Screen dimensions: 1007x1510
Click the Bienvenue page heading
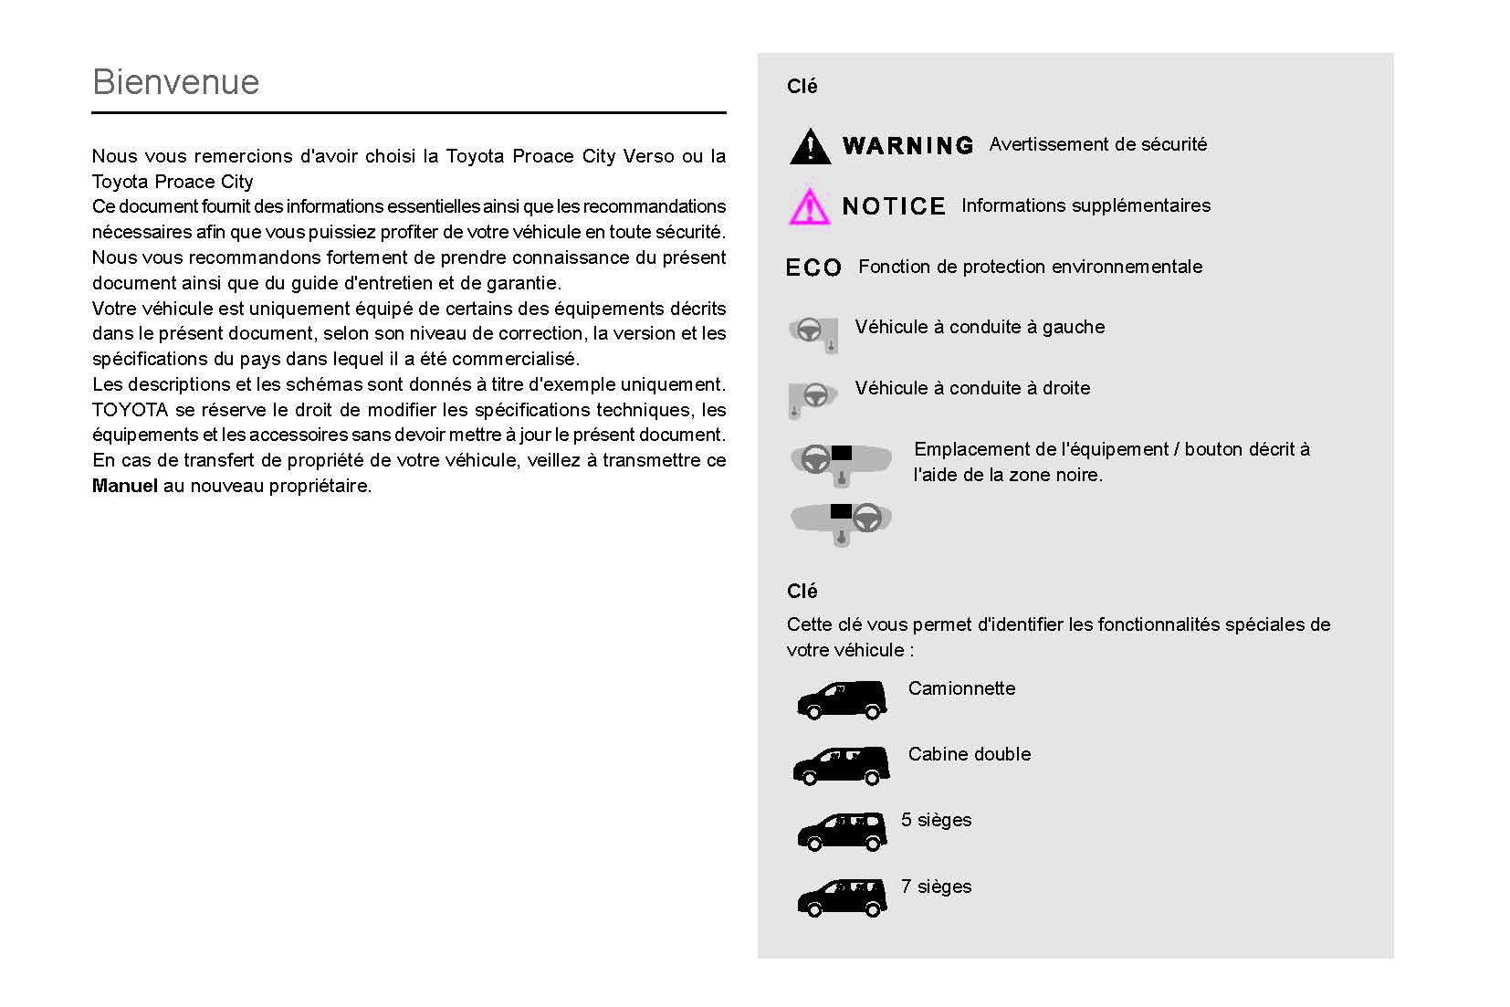176,82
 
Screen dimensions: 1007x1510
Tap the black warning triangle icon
810,146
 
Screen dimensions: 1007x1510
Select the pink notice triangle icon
809,207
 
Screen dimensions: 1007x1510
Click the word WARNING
907,146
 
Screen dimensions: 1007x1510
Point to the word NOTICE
894,207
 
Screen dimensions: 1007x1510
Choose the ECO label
813,267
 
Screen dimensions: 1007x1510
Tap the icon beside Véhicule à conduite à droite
812,397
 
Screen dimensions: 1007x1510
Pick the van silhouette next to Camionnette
841,700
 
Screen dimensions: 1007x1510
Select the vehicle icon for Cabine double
841,766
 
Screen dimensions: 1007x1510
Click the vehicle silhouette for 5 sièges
841,832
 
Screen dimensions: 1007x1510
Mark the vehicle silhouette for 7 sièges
841,897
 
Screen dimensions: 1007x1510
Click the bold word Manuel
125,486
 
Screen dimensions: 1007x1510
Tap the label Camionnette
961,688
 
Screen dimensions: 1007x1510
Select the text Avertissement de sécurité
1097,144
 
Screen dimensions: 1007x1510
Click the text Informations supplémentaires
1085,205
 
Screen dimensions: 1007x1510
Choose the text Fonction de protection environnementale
1030,267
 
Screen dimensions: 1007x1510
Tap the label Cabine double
969,754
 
